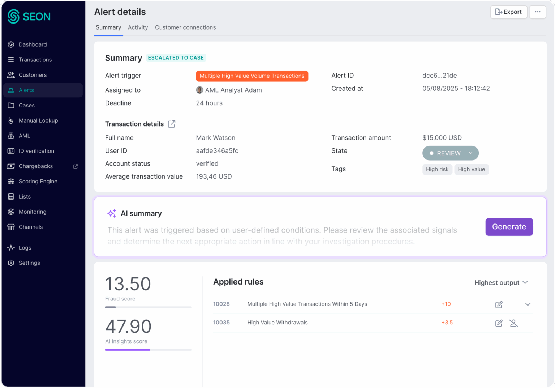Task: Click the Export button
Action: tap(508, 12)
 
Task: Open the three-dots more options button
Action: tap(538, 12)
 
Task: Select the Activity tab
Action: tap(138, 27)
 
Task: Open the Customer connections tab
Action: tap(185, 27)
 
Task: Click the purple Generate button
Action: tap(509, 227)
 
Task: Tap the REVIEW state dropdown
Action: tap(450, 153)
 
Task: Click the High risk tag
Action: tap(437, 169)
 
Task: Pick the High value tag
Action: tap(471, 169)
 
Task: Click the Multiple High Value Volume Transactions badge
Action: tap(252, 76)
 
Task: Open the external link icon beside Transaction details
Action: tap(172, 124)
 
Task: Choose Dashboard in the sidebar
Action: tap(33, 44)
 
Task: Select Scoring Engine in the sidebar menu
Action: tap(38, 181)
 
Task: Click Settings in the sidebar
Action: tap(29, 263)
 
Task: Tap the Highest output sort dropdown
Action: tap(501, 283)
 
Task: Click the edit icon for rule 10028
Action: tap(499, 304)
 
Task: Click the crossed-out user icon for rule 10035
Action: tap(513, 323)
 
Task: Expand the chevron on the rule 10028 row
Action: tap(528, 304)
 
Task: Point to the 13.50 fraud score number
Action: tap(128, 284)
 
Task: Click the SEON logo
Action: tap(29, 16)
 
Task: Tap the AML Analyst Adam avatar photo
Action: tap(199, 90)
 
